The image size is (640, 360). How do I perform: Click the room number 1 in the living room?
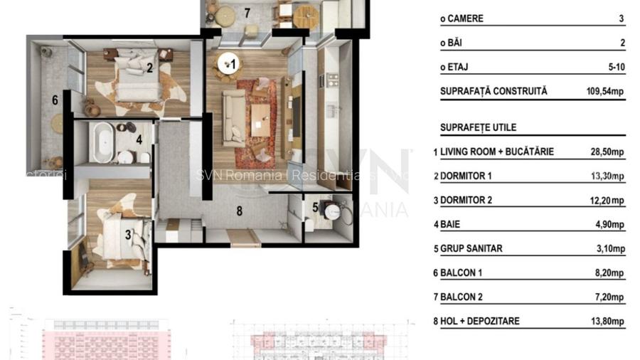(233, 64)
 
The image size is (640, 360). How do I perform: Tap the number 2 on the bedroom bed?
(150, 68)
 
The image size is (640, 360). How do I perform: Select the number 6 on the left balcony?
(55, 100)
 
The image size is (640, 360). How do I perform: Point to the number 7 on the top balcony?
(247, 12)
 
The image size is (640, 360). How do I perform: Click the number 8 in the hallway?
(239, 211)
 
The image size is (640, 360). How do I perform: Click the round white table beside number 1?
(228, 63)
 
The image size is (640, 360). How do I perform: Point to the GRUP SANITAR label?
(471, 248)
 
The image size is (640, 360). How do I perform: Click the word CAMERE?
(466, 18)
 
